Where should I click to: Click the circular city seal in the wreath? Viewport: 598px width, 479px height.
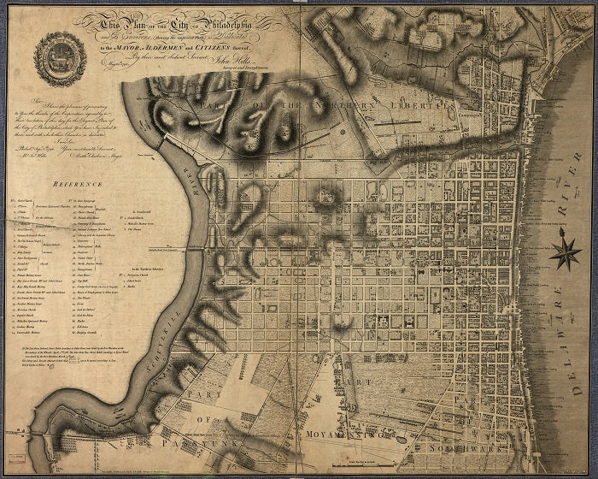(x=61, y=59)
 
